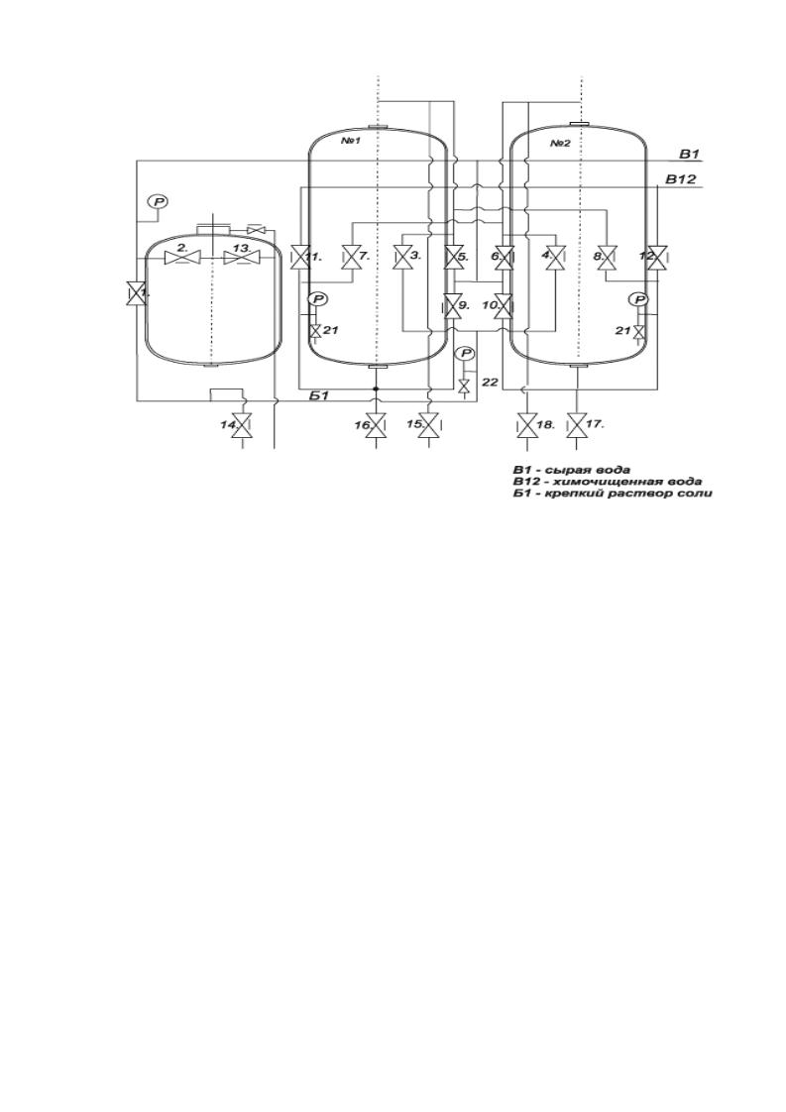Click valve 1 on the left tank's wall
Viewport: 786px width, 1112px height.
pos(133,293)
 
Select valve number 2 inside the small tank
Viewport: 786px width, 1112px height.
pos(181,259)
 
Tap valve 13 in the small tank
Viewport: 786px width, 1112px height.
pos(241,259)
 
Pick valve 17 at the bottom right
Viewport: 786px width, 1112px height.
pos(578,425)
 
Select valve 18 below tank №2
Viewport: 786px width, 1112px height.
pos(525,425)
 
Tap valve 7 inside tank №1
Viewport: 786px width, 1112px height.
pos(350,257)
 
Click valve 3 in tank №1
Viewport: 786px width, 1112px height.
pos(401,257)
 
